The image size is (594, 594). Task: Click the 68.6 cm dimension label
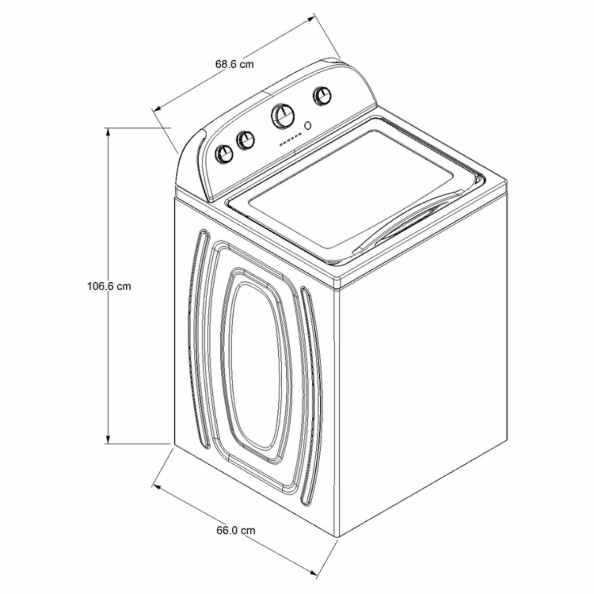234,64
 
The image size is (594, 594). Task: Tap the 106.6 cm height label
109,287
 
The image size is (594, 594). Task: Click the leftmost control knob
224,153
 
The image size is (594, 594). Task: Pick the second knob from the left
246,141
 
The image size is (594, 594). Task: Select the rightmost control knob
322,96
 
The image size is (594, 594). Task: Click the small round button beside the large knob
307,126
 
